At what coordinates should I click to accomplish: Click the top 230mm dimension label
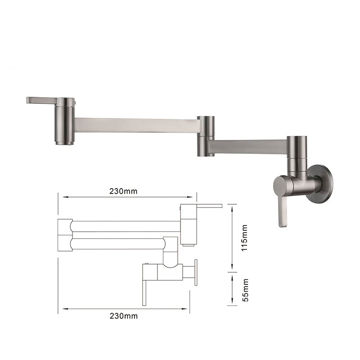tap(123, 191)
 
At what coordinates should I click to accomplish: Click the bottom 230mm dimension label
tap(123, 315)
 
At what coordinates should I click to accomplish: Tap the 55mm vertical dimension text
tap(244, 288)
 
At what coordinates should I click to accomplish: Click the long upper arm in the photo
tap(135, 125)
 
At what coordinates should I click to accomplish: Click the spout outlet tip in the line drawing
tap(188, 243)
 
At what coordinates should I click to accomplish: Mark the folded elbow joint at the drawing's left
tap(65, 235)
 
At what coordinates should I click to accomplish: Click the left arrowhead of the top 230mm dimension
tap(64, 197)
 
